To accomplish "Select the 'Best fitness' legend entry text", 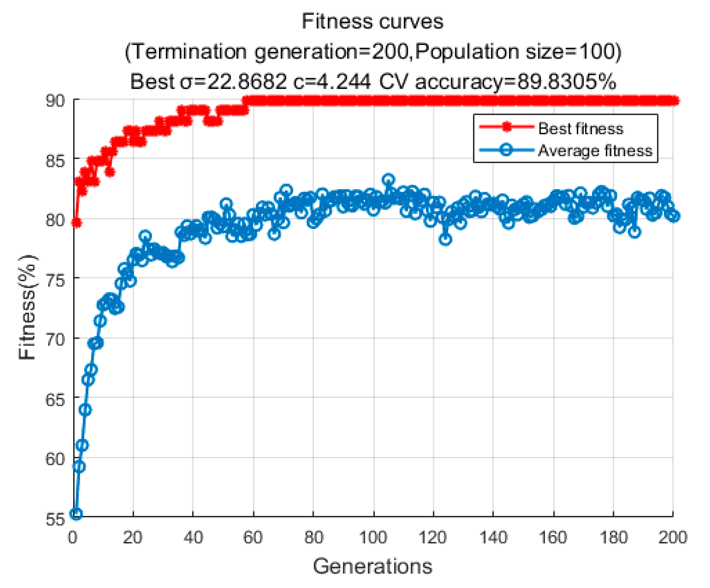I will [x=580, y=128].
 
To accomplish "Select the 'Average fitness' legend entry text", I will [x=595, y=150].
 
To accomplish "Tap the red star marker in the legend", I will [x=506, y=127].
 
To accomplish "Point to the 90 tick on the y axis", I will [x=55, y=101].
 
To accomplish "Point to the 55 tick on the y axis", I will [x=55, y=518].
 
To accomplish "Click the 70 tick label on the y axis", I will [x=55, y=339].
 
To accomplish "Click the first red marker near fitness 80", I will [x=76, y=223].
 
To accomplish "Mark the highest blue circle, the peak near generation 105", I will [x=389, y=180].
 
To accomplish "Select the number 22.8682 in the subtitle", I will [x=247, y=81].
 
